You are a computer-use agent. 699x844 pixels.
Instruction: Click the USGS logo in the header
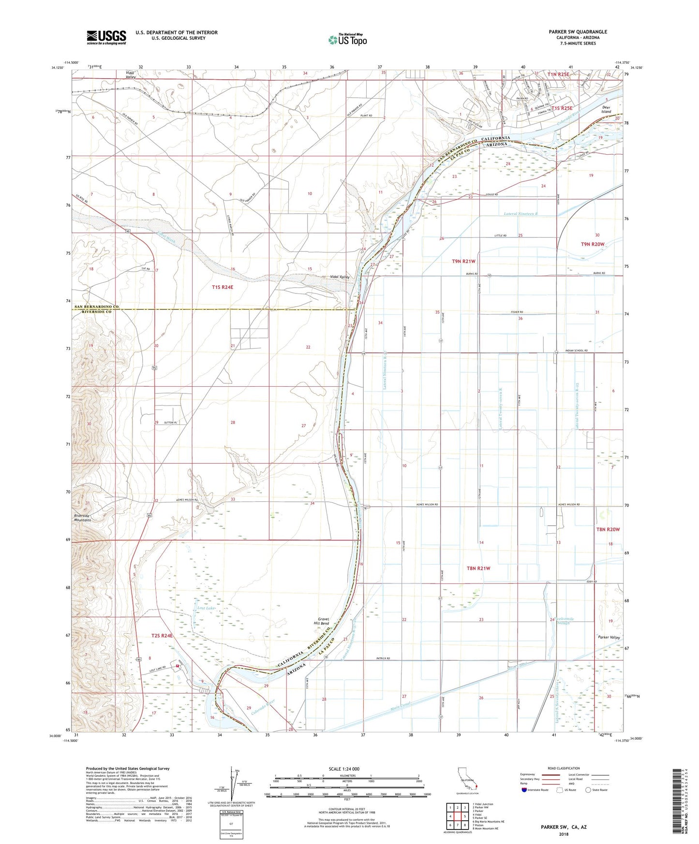click(x=106, y=37)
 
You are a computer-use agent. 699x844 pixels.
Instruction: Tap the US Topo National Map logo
click(x=347, y=40)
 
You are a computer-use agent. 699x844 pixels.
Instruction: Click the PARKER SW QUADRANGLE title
click(x=578, y=32)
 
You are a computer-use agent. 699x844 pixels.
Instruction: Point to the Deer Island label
click(x=606, y=109)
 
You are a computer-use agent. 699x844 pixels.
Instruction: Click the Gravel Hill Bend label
click(x=323, y=621)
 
